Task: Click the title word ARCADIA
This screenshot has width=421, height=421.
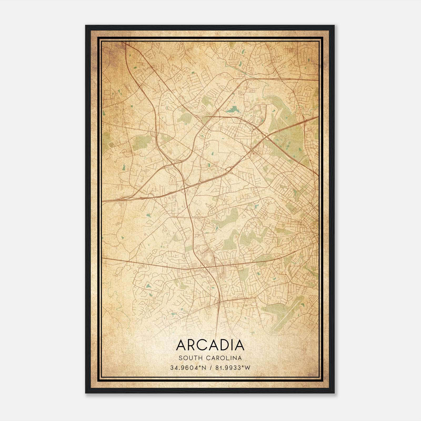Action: coord(210,345)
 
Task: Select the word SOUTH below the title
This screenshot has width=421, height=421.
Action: coord(188,358)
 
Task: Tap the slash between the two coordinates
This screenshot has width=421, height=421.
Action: coord(211,368)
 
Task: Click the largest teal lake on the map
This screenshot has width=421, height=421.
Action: coord(232,109)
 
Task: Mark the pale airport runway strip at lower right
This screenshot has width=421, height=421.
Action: coord(287,314)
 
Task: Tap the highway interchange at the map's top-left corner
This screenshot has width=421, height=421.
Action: coord(124,45)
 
